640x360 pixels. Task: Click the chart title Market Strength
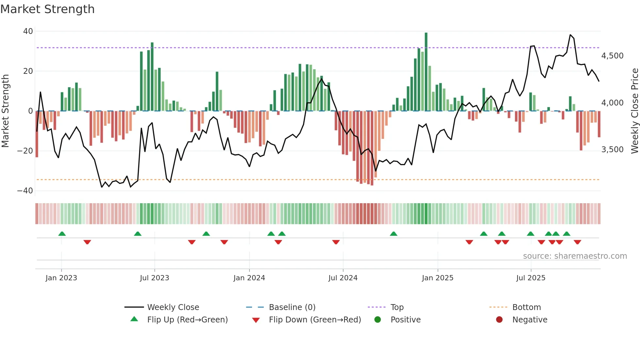47,9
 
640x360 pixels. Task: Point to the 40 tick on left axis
28,31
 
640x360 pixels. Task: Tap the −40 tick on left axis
25,191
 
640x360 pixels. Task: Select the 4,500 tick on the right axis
612,56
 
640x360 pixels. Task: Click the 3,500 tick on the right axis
612,150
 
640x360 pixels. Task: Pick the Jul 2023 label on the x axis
154,278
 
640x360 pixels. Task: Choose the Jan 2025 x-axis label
437,278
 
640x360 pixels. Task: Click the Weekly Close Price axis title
634,111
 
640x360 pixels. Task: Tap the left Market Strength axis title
5,111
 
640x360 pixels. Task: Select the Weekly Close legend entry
173,307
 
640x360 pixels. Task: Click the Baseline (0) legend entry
292,307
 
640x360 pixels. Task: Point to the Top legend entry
397,307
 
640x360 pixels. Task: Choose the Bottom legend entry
526,307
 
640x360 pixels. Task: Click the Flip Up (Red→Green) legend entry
187,320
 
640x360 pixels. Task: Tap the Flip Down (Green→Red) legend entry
315,320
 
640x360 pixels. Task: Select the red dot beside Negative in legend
499,320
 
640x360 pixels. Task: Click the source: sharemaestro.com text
575,256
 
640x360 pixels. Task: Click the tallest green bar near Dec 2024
426,72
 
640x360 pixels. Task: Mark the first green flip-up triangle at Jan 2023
62,234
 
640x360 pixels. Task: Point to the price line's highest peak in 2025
570,35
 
